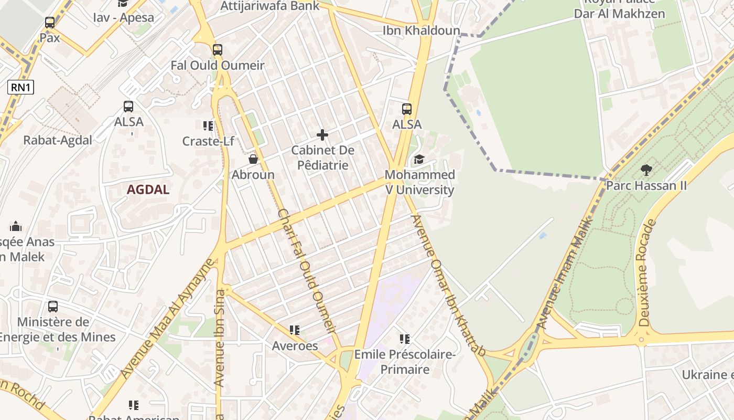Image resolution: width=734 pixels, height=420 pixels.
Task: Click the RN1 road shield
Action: [x=20, y=87]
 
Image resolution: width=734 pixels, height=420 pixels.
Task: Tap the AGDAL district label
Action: [x=148, y=190]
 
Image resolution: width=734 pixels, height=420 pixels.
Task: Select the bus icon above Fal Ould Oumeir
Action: [x=218, y=50]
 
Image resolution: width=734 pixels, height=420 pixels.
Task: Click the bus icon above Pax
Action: [x=50, y=23]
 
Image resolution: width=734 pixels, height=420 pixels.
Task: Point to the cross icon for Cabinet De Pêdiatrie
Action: [x=322, y=135]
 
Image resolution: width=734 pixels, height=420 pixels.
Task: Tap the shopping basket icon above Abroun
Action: [x=253, y=159]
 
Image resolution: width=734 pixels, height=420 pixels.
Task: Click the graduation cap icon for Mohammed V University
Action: [x=419, y=159]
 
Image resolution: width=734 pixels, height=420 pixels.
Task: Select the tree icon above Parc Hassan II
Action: [x=646, y=170]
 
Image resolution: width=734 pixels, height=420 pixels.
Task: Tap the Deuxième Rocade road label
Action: [x=647, y=273]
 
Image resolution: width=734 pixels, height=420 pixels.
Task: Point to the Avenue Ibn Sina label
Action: [x=220, y=339]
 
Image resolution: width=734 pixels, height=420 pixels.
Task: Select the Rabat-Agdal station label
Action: [x=58, y=140]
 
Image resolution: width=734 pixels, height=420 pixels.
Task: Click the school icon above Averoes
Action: [x=295, y=330]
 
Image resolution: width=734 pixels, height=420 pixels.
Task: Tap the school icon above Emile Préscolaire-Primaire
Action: [x=404, y=339]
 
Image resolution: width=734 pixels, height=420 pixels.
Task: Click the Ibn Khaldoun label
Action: [x=421, y=30]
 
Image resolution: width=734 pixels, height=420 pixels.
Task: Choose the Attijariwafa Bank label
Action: [x=270, y=6]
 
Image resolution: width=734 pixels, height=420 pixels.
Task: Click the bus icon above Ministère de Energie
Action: [x=53, y=307]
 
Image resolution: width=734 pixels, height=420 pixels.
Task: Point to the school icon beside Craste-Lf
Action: [x=208, y=125]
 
